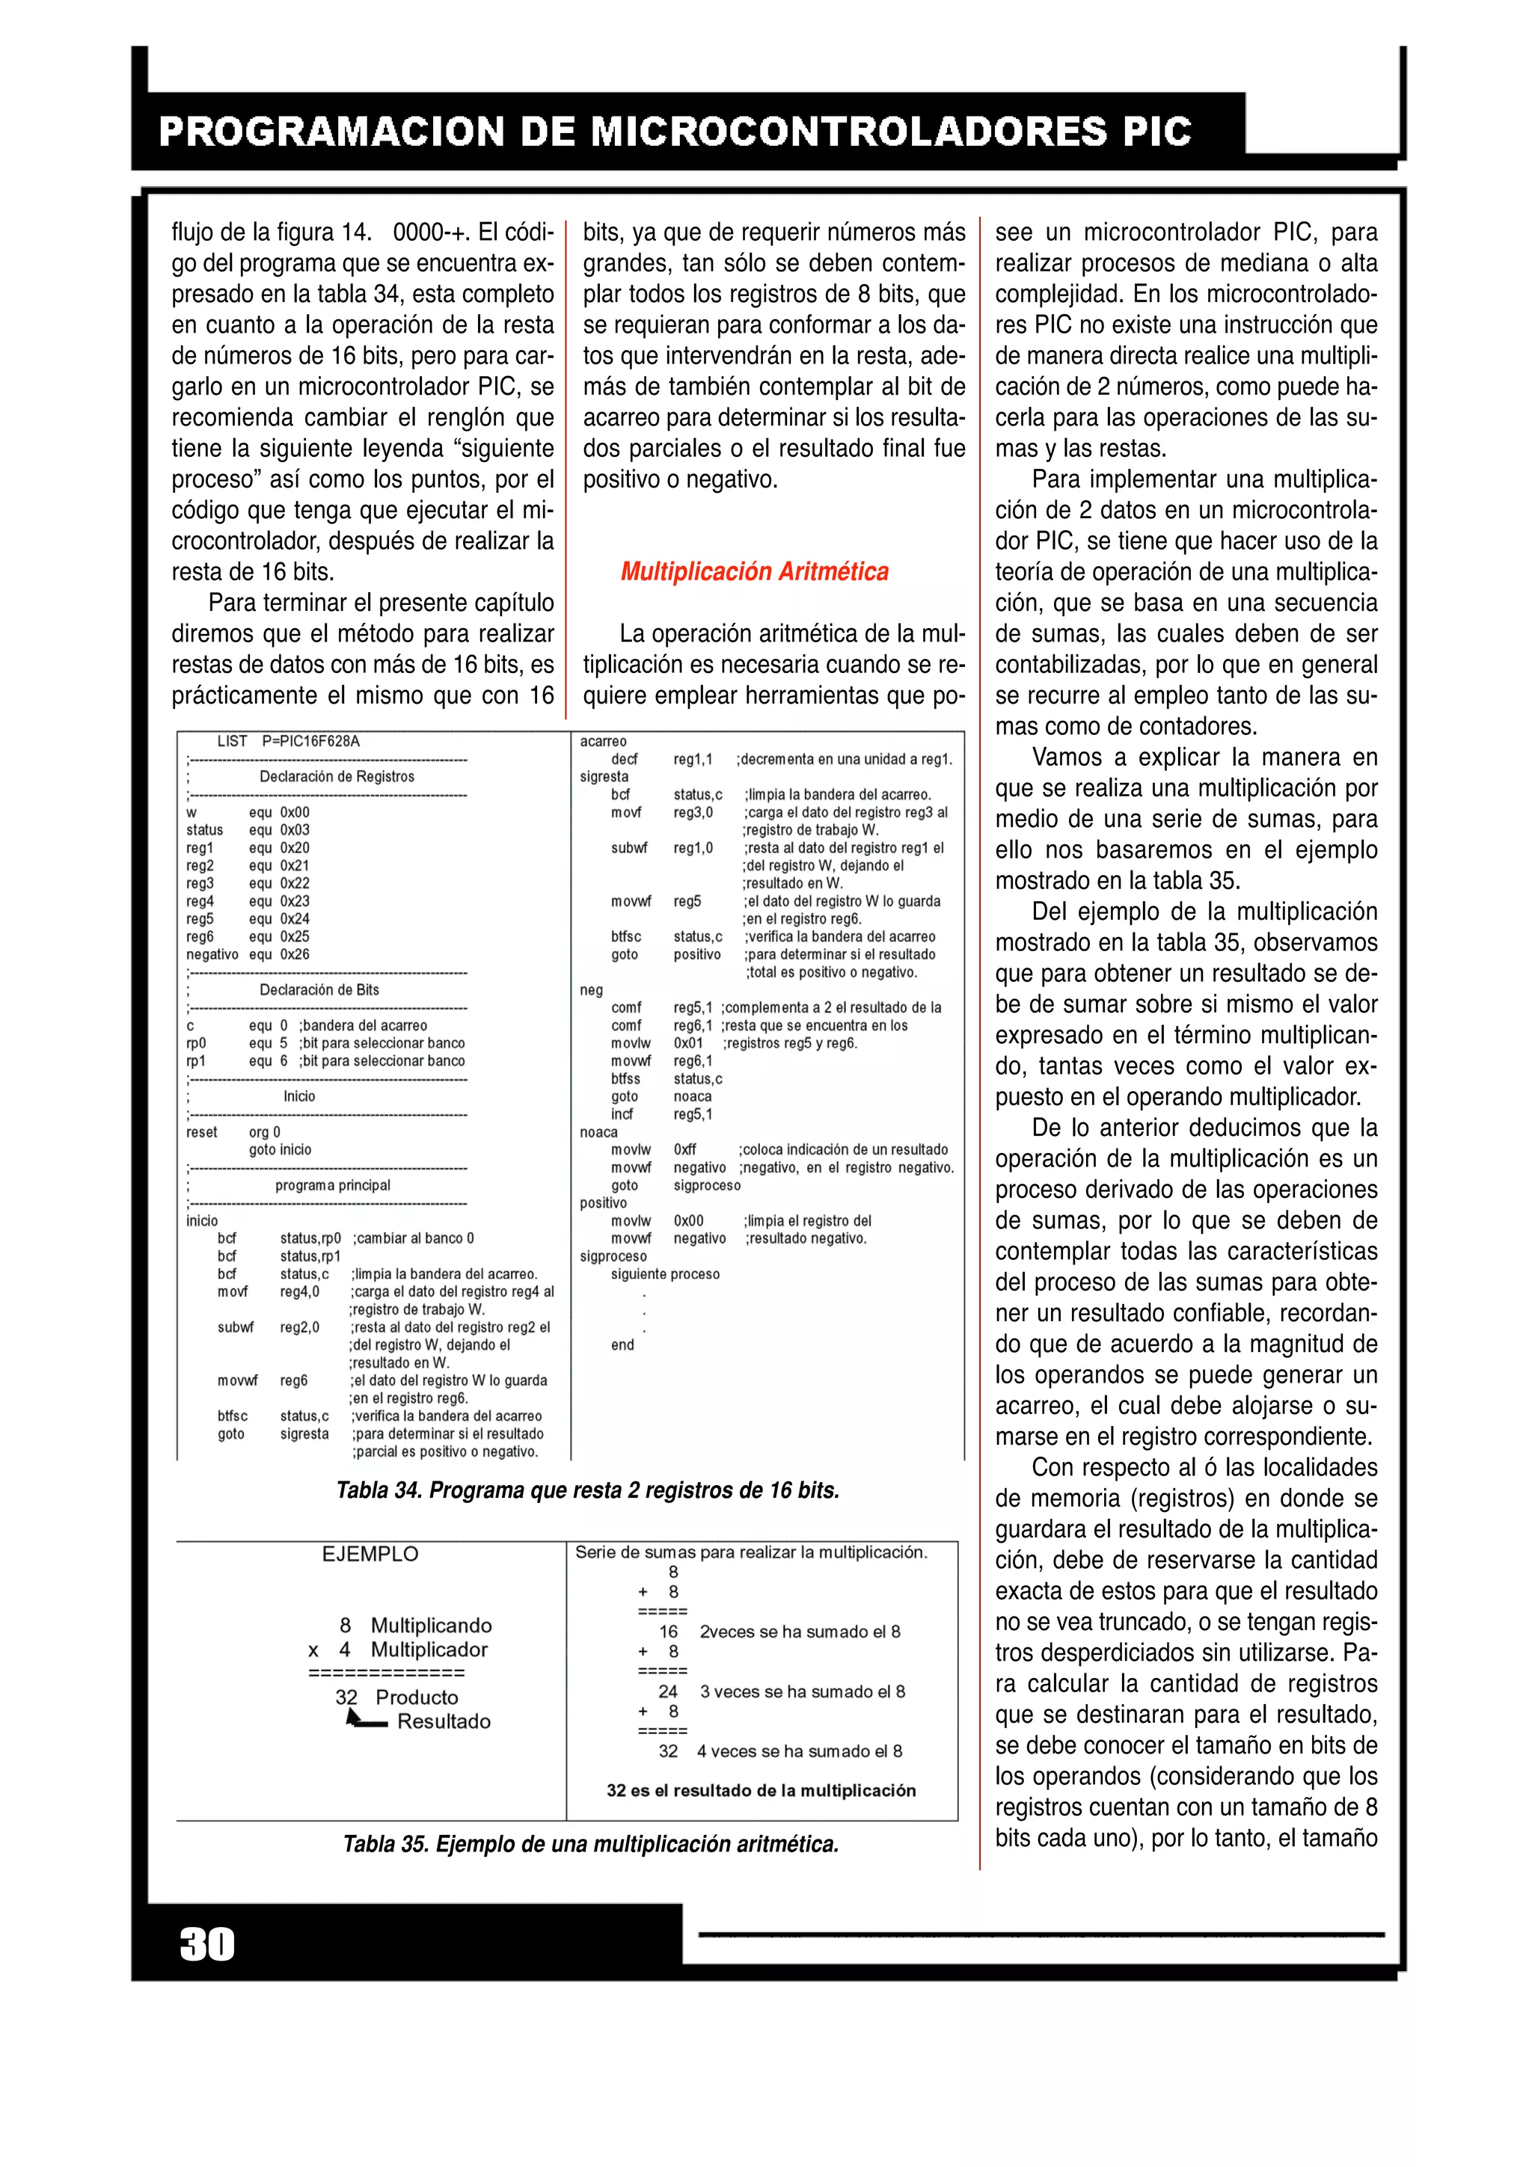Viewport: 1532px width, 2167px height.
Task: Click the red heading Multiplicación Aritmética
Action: coord(754,572)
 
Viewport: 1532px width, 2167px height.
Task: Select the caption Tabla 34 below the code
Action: coord(587,1490)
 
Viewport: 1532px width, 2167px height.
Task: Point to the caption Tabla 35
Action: coord(590,1844)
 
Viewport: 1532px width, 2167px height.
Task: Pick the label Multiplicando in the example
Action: coord(430,1626)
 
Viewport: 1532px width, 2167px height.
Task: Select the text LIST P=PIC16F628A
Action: coord(288,741)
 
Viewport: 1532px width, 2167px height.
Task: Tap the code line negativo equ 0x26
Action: coord(248,954)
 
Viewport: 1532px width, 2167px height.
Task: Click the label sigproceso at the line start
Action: coord(613,1256)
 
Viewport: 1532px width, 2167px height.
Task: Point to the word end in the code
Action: coord(622,1345)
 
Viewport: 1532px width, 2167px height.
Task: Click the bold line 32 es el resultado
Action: coord(761,1790)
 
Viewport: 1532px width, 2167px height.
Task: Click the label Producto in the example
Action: coord(416,1697)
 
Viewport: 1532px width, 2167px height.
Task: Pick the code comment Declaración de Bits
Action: coord(319,990)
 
